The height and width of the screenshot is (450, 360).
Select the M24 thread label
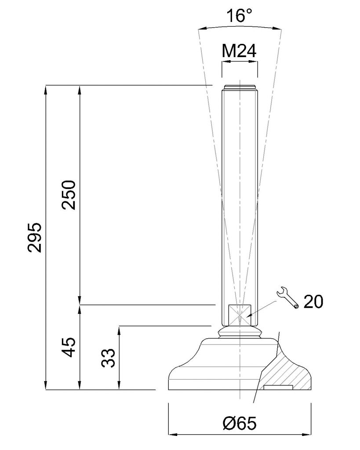pos(239,51)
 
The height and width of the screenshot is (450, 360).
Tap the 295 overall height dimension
pos(35,237)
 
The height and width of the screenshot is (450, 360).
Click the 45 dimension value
pos(69,347)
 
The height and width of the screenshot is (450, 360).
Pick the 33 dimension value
pos(108,358)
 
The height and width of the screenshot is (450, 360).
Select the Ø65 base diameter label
pos(239,423)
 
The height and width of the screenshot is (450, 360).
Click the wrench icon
pos(287,298)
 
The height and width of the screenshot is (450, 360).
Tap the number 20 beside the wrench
pos(313,301)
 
